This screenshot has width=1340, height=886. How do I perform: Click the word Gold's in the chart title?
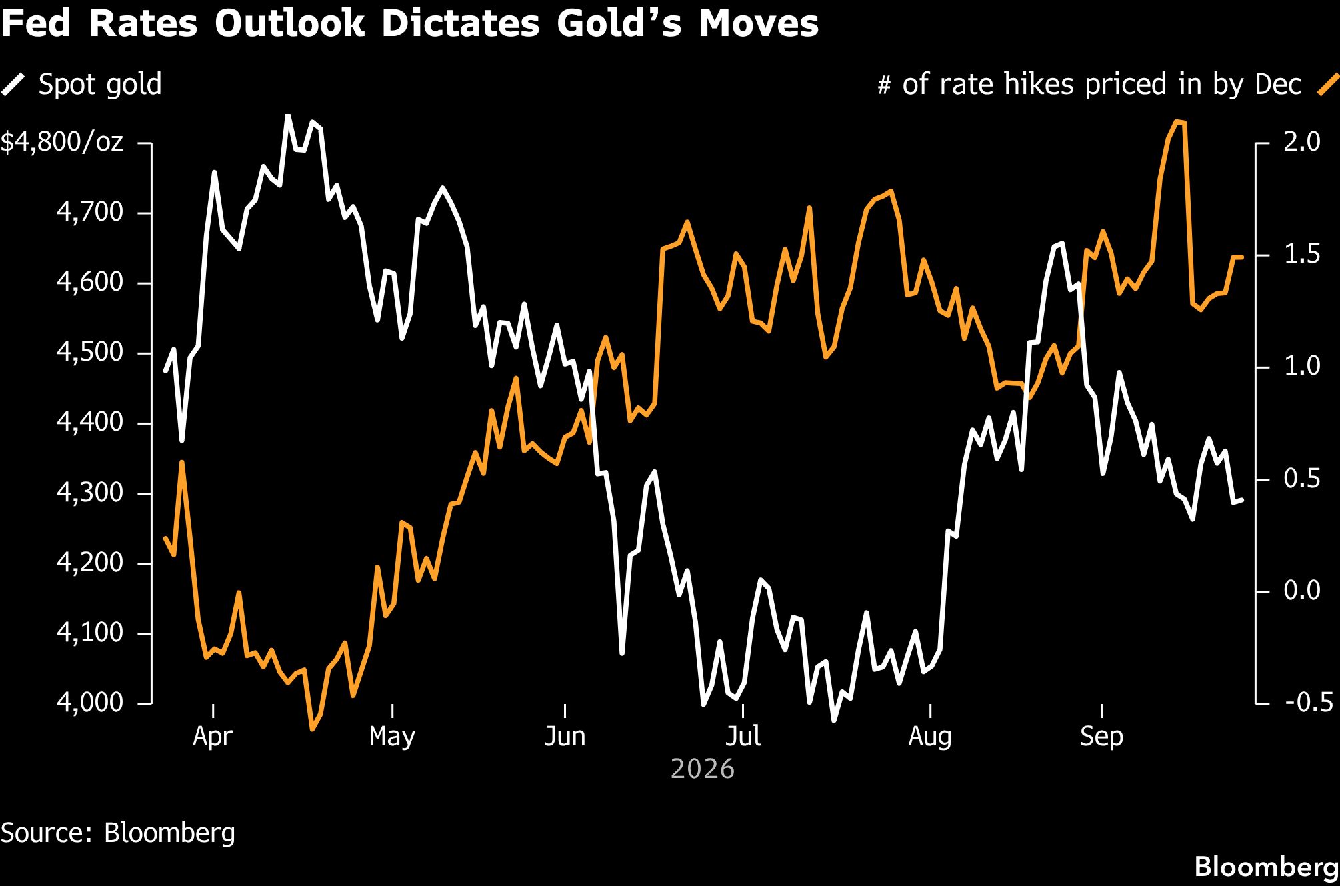tap(619, 24)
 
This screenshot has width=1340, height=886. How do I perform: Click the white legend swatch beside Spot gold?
tap(13, 85)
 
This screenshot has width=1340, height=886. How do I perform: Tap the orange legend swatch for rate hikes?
tap(1327, 85)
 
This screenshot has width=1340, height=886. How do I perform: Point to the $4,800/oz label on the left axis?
tap(62, 143)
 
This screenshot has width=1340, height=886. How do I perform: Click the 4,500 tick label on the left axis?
tap(90, 353)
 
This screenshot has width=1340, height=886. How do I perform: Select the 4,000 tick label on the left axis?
tap(90, 703)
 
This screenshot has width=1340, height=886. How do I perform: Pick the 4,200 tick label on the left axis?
tap(90, 563)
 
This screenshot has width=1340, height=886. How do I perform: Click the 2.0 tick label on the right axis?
tap(1302, 142)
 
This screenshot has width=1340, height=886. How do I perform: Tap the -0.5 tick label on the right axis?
tap(1308, 703)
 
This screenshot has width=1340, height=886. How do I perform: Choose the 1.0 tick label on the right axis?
tap(1302, 366)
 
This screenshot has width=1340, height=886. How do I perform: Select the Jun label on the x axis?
tap(565, 737)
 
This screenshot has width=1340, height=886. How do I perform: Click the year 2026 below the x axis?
tap(702, 769)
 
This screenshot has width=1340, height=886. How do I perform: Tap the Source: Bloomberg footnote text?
tap(118, 833)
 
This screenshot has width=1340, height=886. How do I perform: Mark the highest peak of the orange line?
tap(1177, 121)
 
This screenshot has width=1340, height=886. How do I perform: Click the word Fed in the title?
tap(36, 24)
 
